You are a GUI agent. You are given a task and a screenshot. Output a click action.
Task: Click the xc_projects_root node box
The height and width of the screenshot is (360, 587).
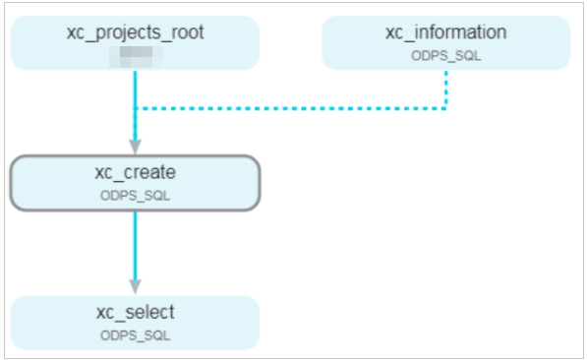pos(135,42)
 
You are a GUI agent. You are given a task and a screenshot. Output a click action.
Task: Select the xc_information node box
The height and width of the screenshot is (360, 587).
pos(445,42)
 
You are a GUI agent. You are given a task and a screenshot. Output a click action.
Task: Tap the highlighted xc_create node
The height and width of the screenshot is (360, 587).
pos(135,182)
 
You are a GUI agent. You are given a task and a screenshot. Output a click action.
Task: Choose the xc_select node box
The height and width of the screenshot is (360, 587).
pos(135,323)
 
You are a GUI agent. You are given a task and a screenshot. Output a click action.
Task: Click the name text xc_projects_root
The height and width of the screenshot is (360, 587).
pos(135,32)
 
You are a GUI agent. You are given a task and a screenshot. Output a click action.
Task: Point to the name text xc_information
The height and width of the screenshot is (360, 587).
pos(445,32)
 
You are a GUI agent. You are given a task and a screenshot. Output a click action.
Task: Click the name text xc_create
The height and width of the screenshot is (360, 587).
pos(135,172)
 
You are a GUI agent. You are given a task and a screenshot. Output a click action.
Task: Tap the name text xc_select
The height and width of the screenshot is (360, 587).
pos(135,313)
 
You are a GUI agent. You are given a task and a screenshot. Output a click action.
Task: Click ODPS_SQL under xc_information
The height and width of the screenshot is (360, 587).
pos(445,55)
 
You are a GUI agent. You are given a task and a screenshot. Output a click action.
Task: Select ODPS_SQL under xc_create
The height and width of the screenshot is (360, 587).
pos(135,195)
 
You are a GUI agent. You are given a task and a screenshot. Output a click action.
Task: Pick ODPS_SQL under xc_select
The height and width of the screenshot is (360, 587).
pos(135,335)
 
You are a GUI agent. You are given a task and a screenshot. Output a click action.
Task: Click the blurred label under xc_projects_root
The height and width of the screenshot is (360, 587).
pos(135,56)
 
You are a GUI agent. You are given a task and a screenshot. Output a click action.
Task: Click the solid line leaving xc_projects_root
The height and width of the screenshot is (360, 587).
pos(135,89)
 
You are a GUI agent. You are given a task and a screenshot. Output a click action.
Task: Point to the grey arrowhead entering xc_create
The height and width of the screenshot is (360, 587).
pos(135,147)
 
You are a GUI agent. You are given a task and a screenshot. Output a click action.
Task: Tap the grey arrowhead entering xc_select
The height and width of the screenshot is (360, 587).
pos(135,286)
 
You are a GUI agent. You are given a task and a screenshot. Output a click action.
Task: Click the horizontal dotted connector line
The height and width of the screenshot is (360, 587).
pos(295,107)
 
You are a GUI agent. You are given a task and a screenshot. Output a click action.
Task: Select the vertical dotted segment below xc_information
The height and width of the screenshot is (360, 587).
pos(445,89)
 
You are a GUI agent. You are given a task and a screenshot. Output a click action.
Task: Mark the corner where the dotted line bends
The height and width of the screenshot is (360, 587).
pos(445,107)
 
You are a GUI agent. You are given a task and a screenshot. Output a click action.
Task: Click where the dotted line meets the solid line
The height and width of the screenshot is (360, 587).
pos(136,107)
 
